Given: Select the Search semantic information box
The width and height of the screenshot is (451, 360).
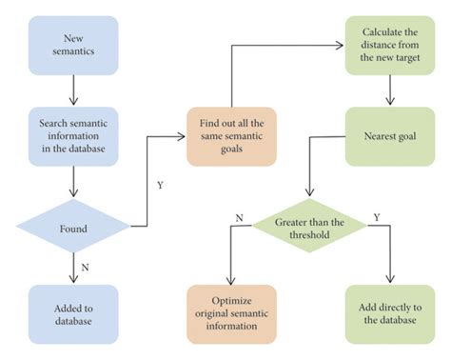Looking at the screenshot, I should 73,136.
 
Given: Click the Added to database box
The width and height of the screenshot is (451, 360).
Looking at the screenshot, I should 73,314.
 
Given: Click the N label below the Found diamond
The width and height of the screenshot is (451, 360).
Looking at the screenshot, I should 88,268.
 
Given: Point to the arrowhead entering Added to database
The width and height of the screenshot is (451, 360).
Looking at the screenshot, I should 73,280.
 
